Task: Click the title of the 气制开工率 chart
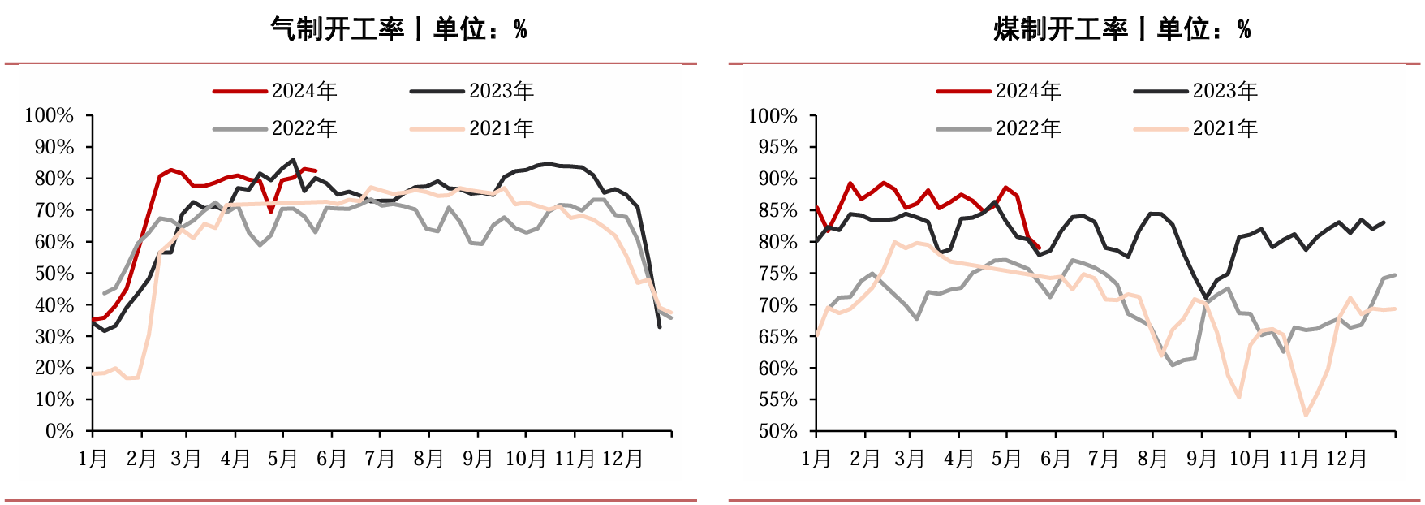(x=398, y=30)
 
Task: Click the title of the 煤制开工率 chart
(x=1122, y=30)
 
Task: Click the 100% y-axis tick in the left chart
(x=50, y=115)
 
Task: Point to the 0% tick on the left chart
(x=60, y=431)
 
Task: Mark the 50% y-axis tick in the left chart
(x=54, y=274)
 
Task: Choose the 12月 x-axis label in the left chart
(x=622, y=460)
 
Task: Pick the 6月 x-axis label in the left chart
(x=332, y=460)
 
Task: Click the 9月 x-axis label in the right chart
(x=1202, y=460)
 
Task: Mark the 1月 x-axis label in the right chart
(x=816, y=460)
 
